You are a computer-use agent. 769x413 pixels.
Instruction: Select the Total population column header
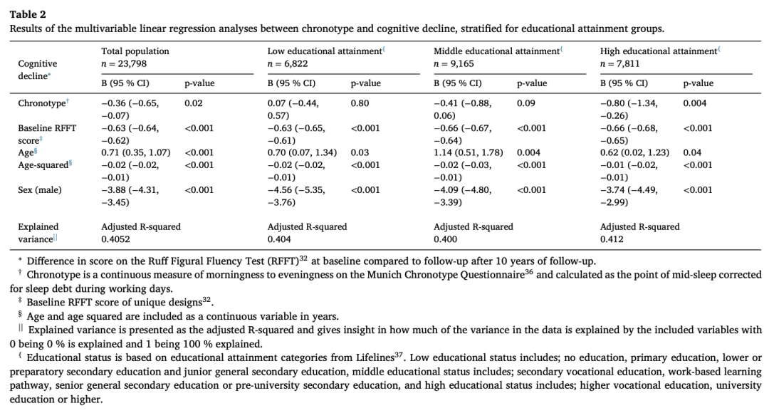point(135,51)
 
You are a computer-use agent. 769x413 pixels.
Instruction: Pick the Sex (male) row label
point(41,189)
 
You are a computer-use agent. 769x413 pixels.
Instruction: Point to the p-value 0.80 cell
point(360,103)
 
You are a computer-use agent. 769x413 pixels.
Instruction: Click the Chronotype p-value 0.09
point(526,103)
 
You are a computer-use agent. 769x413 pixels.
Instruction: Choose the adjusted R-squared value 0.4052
point(118,239)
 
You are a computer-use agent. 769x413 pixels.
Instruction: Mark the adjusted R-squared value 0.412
point(613,239)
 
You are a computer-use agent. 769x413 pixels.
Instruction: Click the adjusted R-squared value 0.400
point(446,239)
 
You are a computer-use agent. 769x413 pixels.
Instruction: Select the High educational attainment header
point(658,51)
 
